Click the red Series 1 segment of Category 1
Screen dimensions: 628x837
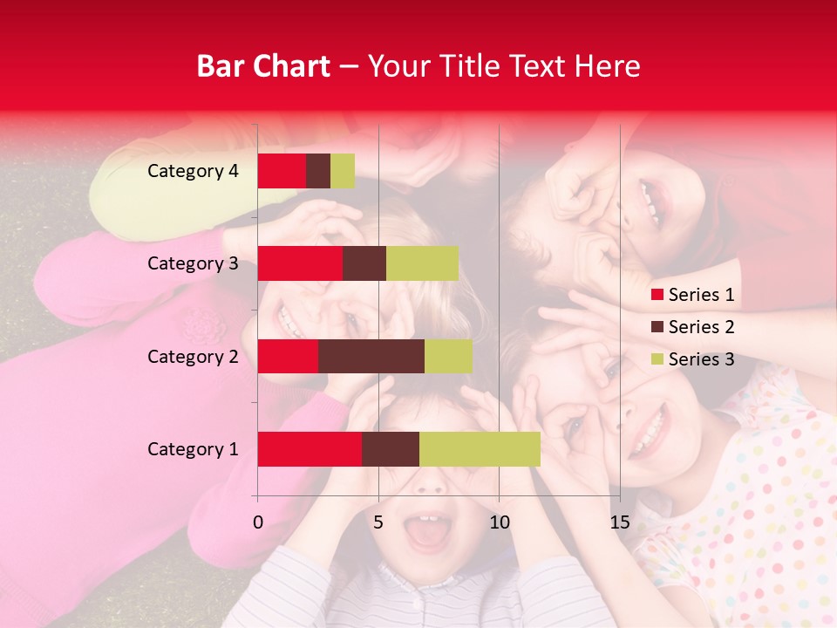[x=310, y=448]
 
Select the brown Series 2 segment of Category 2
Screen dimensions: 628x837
[x=371, y=356]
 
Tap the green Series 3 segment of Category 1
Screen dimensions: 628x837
[x=480, y=448]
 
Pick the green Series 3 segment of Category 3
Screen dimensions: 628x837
[x=422, y=263]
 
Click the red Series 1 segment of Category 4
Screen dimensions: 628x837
[x=282, y=171]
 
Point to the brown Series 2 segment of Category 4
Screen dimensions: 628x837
[x=318, y=171]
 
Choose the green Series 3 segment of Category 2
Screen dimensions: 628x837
[x=448, y=356]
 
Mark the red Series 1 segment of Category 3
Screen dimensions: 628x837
[x=300, y=263]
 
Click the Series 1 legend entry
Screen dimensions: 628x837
[x=692, y=295]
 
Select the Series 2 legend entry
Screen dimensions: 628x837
[x=692, y=327]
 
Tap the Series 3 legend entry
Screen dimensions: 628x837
[x=692, y=359]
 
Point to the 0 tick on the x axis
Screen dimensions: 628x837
[x=258, y=522]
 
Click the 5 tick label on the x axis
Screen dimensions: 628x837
[x=378, y=522]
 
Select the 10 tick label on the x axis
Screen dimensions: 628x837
[x=499, y=522]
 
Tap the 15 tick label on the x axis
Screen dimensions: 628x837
[x=619, y=522]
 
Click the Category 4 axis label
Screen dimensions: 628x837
[x=193, y=171]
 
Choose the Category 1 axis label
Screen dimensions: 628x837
[x=193, y=449]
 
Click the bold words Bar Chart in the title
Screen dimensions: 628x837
[x=263, y=65]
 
